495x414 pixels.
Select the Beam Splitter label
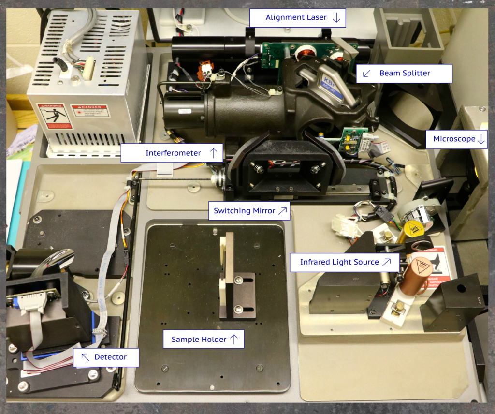coord(404,74)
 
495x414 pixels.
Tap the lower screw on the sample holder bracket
coord(238,308)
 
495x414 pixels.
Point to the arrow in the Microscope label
coord(481,139)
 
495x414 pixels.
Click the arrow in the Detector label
coord(85,357)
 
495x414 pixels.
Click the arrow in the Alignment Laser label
coord(337,18)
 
